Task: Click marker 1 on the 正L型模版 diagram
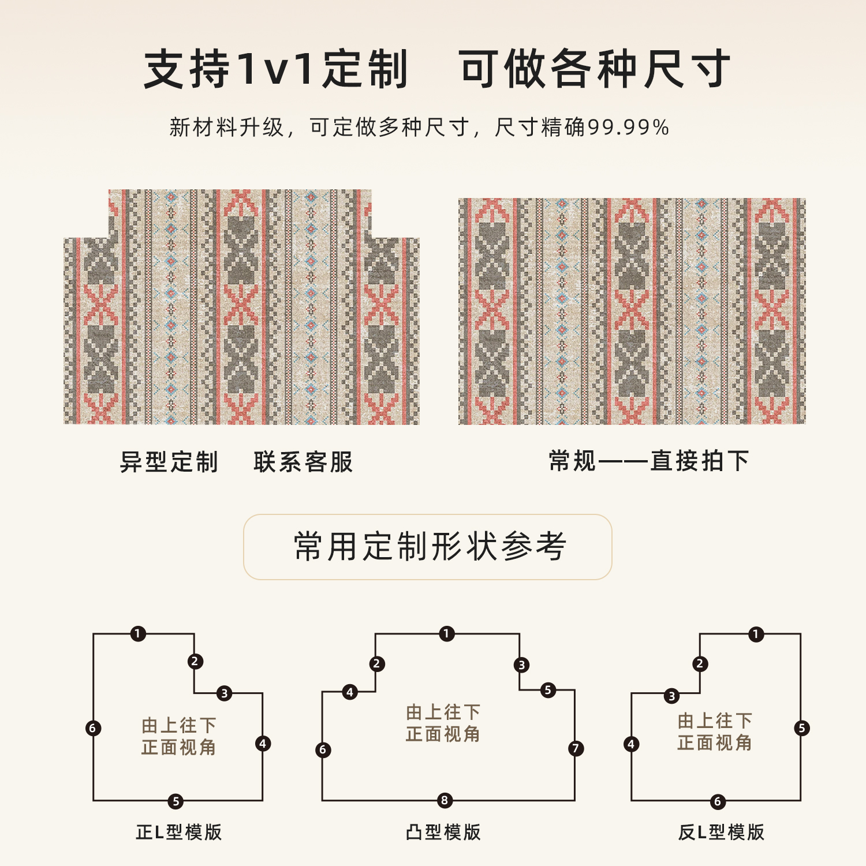point(137,634)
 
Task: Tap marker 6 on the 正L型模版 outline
point(93,728)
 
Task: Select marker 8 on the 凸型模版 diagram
point(445,800)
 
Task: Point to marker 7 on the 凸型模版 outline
point(576,749)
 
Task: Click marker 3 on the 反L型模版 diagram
point(671,696)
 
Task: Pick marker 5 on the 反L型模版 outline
point(801,728)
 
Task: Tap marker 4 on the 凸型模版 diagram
point(349,692)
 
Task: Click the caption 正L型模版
point(179,832)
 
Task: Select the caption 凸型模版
point(443,832)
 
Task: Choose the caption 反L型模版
point(721,832)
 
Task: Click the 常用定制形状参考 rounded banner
point(428,547)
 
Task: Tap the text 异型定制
point(169,462)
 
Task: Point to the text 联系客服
point(303,462)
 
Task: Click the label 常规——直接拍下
point(648,461)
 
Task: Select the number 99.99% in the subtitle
point(628,128)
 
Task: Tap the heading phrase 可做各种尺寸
point(595,69)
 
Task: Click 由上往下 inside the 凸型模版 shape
point(443,712)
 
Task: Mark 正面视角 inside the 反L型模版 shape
point(715,742)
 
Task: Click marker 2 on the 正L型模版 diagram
point(195,661)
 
